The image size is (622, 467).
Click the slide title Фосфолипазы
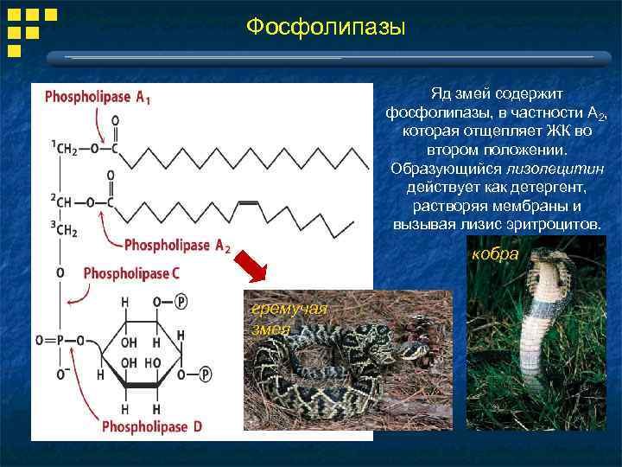[325, 28]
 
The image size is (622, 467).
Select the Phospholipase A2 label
[177, 246]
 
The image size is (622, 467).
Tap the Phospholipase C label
[131, 273]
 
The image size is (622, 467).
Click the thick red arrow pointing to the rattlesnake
[256, 266]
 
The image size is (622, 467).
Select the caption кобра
[495, 254]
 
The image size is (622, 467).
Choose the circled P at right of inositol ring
[206, 374]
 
